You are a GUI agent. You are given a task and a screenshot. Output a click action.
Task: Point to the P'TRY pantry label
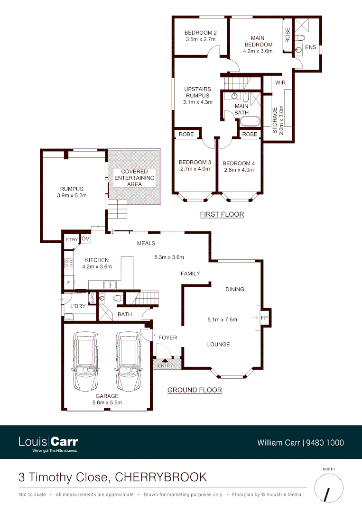[72, 240]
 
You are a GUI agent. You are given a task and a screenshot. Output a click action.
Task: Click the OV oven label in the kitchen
[85, 239]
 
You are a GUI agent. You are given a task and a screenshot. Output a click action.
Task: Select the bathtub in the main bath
[250, 122]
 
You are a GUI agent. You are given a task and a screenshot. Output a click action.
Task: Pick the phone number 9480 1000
[325, 443]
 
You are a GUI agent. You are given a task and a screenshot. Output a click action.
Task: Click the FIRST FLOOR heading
[222, 214]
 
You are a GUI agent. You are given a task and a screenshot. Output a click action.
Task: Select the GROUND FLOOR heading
[195, 390]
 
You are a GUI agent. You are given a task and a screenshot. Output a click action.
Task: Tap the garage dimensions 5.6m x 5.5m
[107, 402]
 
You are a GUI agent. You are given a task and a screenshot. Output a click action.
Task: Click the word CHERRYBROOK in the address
[161, 476]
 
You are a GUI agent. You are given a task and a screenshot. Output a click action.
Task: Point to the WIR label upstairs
[280, 82]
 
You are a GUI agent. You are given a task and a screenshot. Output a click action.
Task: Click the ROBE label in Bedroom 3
[186, 135]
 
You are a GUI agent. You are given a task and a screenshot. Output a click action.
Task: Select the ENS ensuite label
[310, 47]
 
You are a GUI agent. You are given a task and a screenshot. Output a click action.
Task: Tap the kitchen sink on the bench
[110, 284]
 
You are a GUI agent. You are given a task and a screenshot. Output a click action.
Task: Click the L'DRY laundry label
[78, 306]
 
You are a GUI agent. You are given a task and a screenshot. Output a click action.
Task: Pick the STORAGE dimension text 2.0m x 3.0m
[281, 121]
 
